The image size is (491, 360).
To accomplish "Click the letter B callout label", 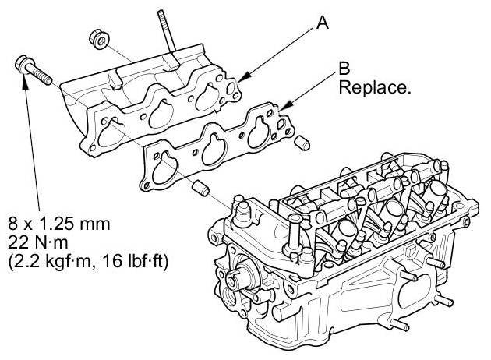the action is click(x=344, y=70).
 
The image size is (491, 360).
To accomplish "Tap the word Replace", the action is click(x=373, y=87).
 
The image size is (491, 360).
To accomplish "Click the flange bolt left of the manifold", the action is click(x=30, y=68).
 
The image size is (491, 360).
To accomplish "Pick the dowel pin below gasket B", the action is click(x=200, y=189).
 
